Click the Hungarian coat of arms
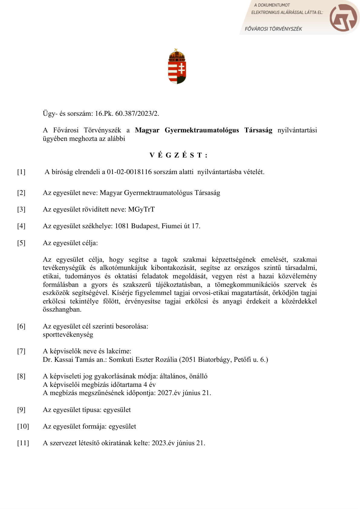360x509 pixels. tap(177, 66)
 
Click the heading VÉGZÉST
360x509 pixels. tap(179, 155)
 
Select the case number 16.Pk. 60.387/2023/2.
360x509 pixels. tap(127, 114)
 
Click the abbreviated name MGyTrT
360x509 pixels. tap(141, 209)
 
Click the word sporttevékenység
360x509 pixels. tap(68, 335)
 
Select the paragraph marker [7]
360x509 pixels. tap(21, 351)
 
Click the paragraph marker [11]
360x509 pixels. tap(23, 443)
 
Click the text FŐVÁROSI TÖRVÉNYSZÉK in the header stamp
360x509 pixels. tap(273, 29)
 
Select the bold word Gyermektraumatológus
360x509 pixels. tap(202, 130)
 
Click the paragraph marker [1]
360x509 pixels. tap(21, 172)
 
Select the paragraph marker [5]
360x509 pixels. tap(21, 243)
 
